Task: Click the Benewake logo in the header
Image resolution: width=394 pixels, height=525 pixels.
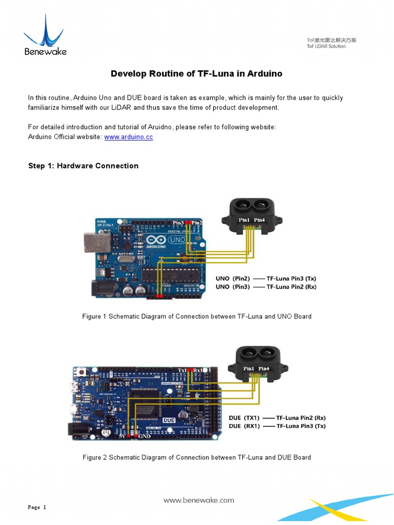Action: click(x=45, y=35)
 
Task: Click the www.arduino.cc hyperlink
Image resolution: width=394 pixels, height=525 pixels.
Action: click(x=128, y=137)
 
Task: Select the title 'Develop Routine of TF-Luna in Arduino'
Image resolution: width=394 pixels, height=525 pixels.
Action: click(x=196, y=73)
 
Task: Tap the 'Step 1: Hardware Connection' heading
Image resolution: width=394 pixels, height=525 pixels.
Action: click(x=83, y=166)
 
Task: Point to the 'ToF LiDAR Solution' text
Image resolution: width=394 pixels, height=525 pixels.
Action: click(x=326, y=46)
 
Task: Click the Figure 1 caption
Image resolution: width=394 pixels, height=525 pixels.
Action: click(x=196, y=316)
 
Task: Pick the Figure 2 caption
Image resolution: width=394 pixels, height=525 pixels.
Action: click(x=196, y=457)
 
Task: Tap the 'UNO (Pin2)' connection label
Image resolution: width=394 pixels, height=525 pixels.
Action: click(x=232, y=278)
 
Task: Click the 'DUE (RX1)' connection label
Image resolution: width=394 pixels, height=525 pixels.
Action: click(x=244, y=426)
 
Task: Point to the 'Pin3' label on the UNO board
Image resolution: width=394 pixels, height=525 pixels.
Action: click(x=178, y=223)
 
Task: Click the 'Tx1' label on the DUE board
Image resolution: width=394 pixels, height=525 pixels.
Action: click(x=182, y=370)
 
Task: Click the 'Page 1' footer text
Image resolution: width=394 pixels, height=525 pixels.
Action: click(x=37, y=508)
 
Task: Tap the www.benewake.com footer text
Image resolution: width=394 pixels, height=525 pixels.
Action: click(x=199, y=500)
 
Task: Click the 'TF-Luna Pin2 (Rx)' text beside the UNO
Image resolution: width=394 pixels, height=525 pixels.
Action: click(x=291, y=287)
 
